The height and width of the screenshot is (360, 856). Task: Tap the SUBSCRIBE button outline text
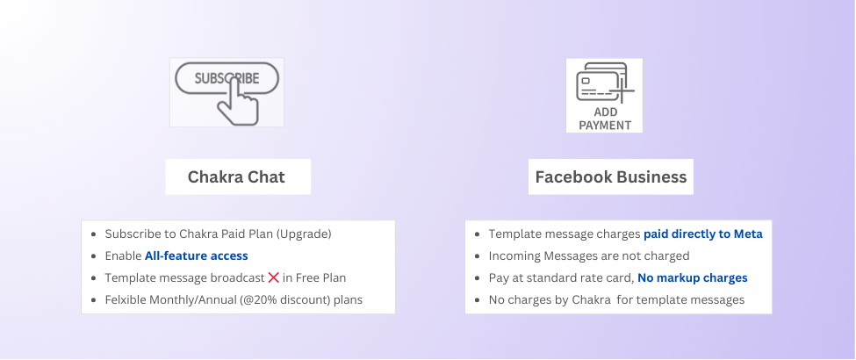pyautogui.click(x=227, y=79)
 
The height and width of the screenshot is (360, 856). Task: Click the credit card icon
pyautogui.click(x=601, y=83)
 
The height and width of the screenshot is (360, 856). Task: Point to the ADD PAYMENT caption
pyautogui.click(x=605, y=119)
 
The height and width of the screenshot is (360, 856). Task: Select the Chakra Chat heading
pyautogui.click(x=236, y=177)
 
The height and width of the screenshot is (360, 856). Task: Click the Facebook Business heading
pyautogui.click(x=611, y=177)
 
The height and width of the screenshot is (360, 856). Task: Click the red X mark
pyautogui.click(x=274, y=277)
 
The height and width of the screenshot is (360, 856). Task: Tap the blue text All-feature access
pyautogui.click(x=196, y=256)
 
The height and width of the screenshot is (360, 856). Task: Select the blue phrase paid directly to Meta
pyautogui.click(x=703, y=234)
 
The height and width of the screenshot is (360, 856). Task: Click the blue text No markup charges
pyautogui.click(x=693, y=277)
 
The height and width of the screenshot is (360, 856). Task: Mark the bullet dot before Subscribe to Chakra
pyautogui.click(x=94, y=234)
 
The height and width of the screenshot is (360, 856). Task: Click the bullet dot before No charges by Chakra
pyautogui.click(x=478, y=300)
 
